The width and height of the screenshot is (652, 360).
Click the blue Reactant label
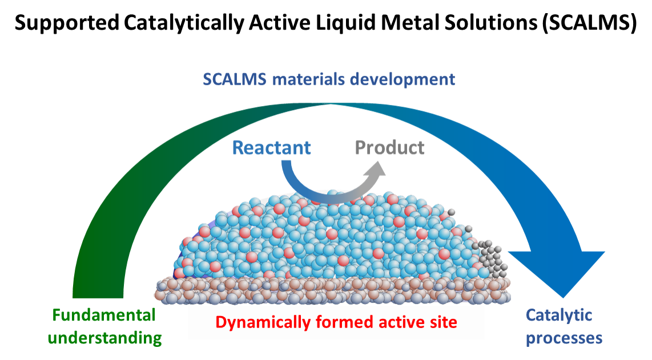(272, 148)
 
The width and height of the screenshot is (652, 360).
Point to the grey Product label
(390, 148)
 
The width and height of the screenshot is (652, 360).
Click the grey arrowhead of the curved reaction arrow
(375, 169)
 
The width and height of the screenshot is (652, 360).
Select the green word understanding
(105, 338)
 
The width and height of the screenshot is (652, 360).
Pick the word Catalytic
(551, 315)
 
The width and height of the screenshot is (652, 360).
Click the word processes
(564, 338)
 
